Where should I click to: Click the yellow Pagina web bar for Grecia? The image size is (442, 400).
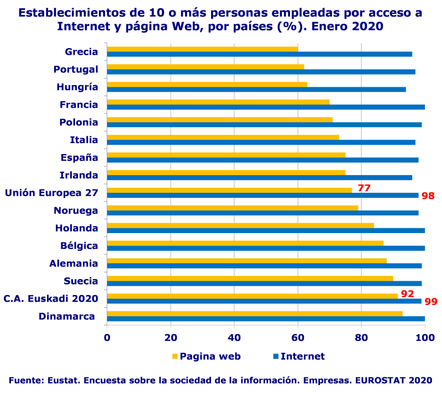click(202, 49)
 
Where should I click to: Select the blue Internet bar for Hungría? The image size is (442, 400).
click(256, 90)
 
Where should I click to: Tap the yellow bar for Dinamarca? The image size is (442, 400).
click(254, 314)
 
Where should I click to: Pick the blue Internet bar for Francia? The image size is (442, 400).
click(265, 107)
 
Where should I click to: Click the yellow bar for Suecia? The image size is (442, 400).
click(250, 278)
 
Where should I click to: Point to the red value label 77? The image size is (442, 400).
click(364, 188)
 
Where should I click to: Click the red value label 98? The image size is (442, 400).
click(428, 196)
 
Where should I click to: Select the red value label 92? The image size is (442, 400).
click(407, 294)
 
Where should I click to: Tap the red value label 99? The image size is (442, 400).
click(431, 302)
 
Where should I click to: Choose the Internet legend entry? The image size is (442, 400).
click(302, 356)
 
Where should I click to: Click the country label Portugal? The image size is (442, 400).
click(76, 70)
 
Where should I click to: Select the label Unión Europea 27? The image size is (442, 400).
click(51, 193)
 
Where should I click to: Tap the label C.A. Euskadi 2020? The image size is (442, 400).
click(51, 299)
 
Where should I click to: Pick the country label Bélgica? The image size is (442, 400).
click(80, 246)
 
